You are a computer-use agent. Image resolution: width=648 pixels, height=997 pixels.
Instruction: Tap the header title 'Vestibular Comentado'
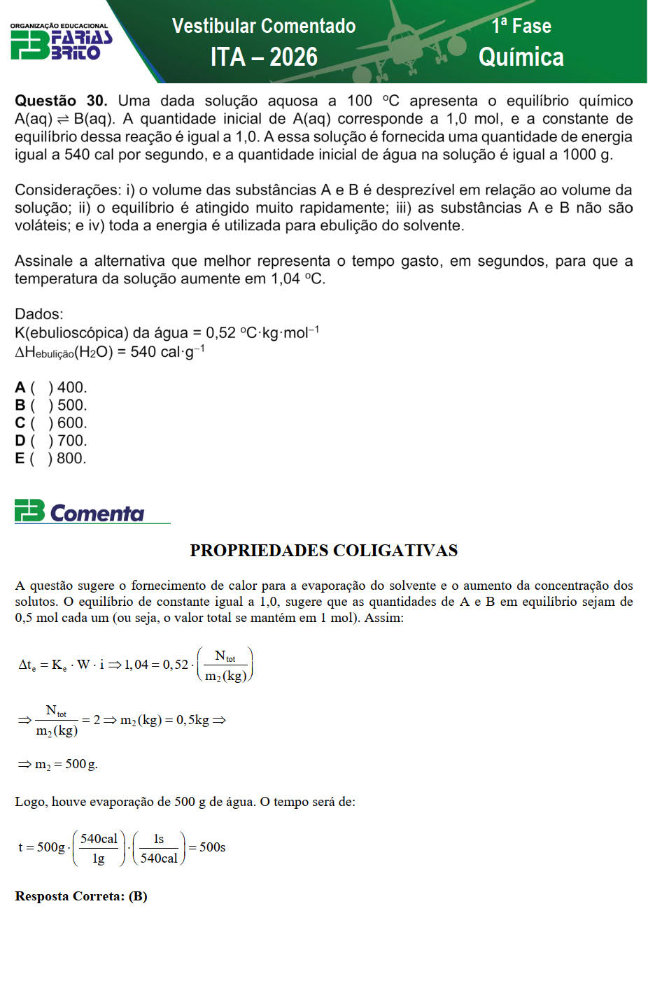pyautogui.click(x=264, y=26)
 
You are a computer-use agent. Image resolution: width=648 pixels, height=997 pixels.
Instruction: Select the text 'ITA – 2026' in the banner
pyautogui.click(x=264, y=57)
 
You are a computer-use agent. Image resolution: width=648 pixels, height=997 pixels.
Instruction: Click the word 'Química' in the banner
pyautogui.click(x=521, y=57)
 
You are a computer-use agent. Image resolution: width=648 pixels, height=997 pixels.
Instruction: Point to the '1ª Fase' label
pyautogui.click(x=521, y=26)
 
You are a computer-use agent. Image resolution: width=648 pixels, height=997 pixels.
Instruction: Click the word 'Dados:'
pyautogui.click(x=39, y=314)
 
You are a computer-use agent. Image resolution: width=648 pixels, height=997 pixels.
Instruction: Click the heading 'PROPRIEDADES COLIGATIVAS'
pyautogui.click(x=323, y=551)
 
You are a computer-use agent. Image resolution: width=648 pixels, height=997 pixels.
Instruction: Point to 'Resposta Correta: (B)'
pyautogui.click(x=81, y=896)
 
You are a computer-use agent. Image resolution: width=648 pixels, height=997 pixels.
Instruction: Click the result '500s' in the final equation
pyautogui.click(x=212, y=847)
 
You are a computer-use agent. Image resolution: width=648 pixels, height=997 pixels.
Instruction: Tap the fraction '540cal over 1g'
pyautogui.click(x=99, y=848)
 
